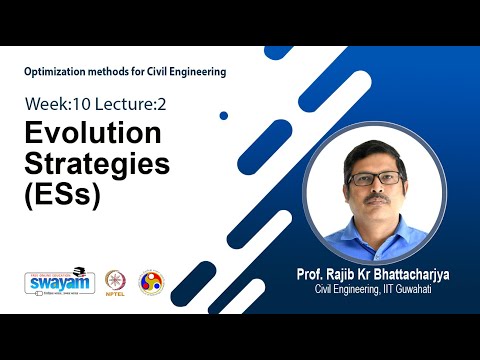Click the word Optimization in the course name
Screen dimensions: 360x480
59,71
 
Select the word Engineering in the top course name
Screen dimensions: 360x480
193,71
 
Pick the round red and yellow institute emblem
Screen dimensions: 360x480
151,282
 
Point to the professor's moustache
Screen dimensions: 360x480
378,198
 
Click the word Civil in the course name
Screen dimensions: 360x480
150,71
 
